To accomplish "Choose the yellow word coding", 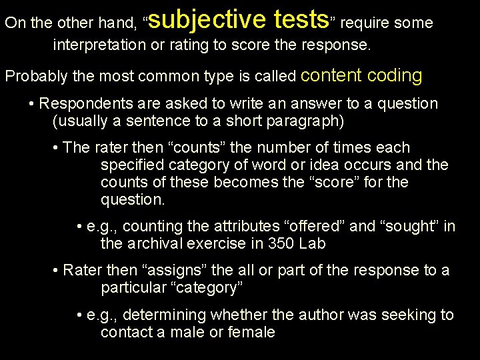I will click(x=393, y=75).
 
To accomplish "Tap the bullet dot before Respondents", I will click(x=32, y=105).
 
